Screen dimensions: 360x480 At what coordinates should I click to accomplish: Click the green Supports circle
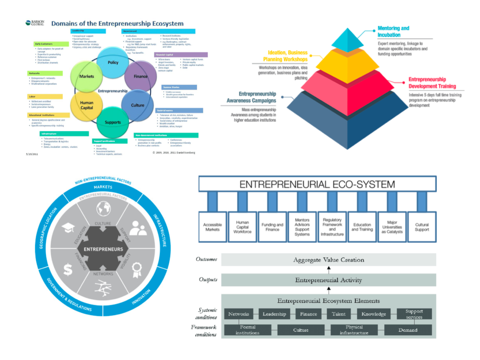click(x=112, y=122)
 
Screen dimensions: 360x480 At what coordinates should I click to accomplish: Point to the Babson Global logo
click(x=35, y=23)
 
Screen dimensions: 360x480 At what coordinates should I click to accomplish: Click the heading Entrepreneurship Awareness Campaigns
click(x=257, y=97)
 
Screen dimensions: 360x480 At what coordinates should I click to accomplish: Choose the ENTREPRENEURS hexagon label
click(x=104, y=249)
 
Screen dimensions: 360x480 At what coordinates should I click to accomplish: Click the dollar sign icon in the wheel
click(x=68, y=269)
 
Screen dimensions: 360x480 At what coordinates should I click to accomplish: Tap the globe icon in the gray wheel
click(x=103, y=208)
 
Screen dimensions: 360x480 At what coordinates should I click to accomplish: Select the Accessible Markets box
click(x=212, y=227)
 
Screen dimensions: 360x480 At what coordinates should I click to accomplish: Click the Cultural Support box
click(x=421, y=227)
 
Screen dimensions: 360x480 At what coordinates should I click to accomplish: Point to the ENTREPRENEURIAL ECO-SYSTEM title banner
click(x=317, y=184)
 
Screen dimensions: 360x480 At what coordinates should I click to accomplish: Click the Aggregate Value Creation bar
click(x=328, y=260)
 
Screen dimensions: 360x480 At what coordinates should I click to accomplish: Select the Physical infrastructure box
click(x=354, y=330)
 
